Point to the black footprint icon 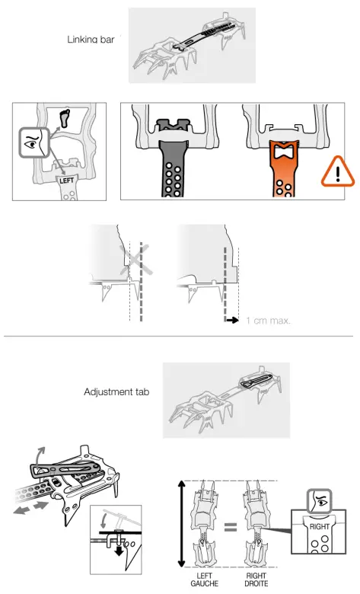[64, 117]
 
